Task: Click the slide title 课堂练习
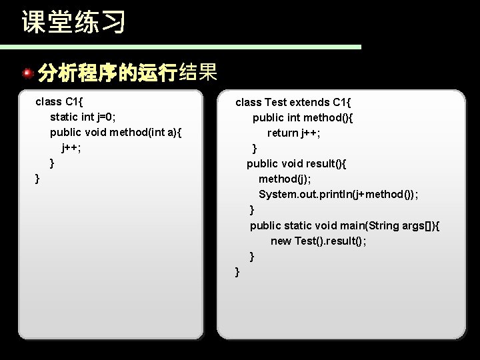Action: click(x=73, y=22)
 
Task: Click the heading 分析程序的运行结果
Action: click(x=127, y=72)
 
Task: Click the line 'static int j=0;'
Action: click(x=83, y=117)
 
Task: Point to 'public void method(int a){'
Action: click(x=115, y=133)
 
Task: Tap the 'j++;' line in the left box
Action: click(x=71, y=147)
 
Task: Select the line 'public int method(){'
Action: click(x=303, y=117)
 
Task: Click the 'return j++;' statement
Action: click(x=294, y=133)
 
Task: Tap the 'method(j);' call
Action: click(x=283, y=179)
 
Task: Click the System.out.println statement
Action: click(x=339, y=194)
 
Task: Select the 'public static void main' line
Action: click(x=344, y=225)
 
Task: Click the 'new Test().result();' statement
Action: click(x=318, y=241)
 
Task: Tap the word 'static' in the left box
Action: click(x=65, y=117)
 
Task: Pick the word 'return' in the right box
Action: click(x=283, y=133)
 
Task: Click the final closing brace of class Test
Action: click(x=237, y=271)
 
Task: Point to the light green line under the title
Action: click(x=180, y=47)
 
